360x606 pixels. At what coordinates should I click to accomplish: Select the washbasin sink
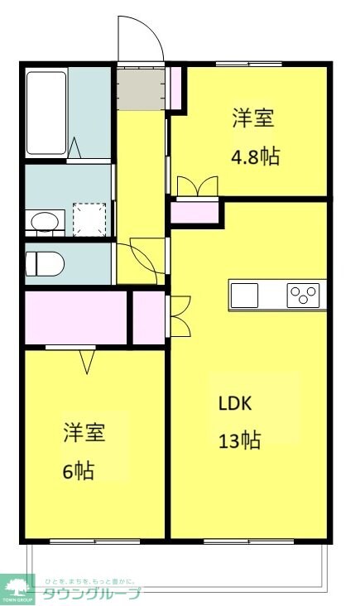click(45, 221)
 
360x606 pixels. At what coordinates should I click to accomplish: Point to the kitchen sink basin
click(245, 294)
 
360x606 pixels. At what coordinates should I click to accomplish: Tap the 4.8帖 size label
click(254, 156)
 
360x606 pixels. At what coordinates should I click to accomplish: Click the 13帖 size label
click(240, 440)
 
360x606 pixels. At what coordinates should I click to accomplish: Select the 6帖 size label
click(79, 471)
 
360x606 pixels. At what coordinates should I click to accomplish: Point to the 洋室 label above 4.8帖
click(252, 118)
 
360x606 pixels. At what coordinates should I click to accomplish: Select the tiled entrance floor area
click(140, 89)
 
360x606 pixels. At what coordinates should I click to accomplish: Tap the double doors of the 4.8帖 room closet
click(197, 187)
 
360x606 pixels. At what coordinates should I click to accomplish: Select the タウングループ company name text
click(91, 593)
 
